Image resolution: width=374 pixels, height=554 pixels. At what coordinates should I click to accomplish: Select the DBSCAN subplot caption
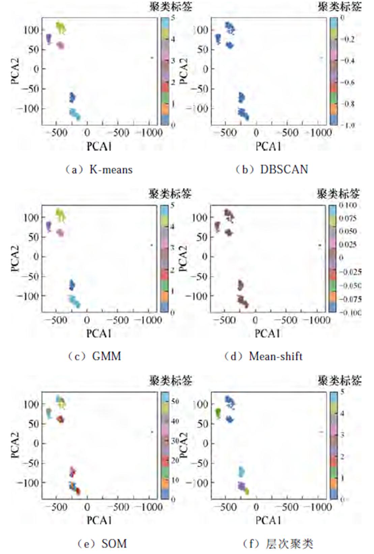click(x=272, y=169)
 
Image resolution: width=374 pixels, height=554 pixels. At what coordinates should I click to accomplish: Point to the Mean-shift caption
click(x=264, y=356)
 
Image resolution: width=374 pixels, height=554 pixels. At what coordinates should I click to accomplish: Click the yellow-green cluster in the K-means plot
click(x=61, y=28)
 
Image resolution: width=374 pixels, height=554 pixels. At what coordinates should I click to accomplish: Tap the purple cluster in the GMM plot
click(x=49, y=226)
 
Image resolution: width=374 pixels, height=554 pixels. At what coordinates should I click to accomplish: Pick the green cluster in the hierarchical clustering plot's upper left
click(x=218, y=413)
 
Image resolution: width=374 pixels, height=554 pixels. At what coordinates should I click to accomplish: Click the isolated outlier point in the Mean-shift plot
click(x=319, y=245)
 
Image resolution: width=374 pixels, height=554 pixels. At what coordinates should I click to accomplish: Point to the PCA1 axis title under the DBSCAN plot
click(x=268, y=146)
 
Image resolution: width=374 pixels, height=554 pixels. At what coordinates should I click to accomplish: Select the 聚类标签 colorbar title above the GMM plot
click(x=170, y=194)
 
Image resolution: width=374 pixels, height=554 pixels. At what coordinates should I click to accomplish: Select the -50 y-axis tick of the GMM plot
click(x=32, y=276)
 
